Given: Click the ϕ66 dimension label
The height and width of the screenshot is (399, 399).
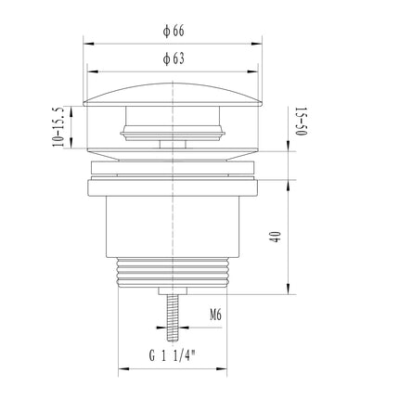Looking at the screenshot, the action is click(x=174, y=32).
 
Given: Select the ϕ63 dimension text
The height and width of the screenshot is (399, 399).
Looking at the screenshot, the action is click(x=174, y=58).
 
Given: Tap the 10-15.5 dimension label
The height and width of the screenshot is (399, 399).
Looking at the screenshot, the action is click(x=58, y=126).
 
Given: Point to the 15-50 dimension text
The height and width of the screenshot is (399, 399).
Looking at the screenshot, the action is click(x=301, y=122).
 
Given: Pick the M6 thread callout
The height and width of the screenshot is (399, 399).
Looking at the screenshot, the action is click(x=215, y=315).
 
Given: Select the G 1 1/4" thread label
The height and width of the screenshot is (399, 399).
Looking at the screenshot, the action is click(x=173, y=355).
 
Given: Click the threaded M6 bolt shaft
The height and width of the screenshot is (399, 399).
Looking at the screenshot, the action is click(x=173, y=318).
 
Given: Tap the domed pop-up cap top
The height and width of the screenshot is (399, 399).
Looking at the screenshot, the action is click(x=173, y=95).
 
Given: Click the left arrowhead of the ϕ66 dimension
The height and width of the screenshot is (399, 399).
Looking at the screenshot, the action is click(x=88, y=44).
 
